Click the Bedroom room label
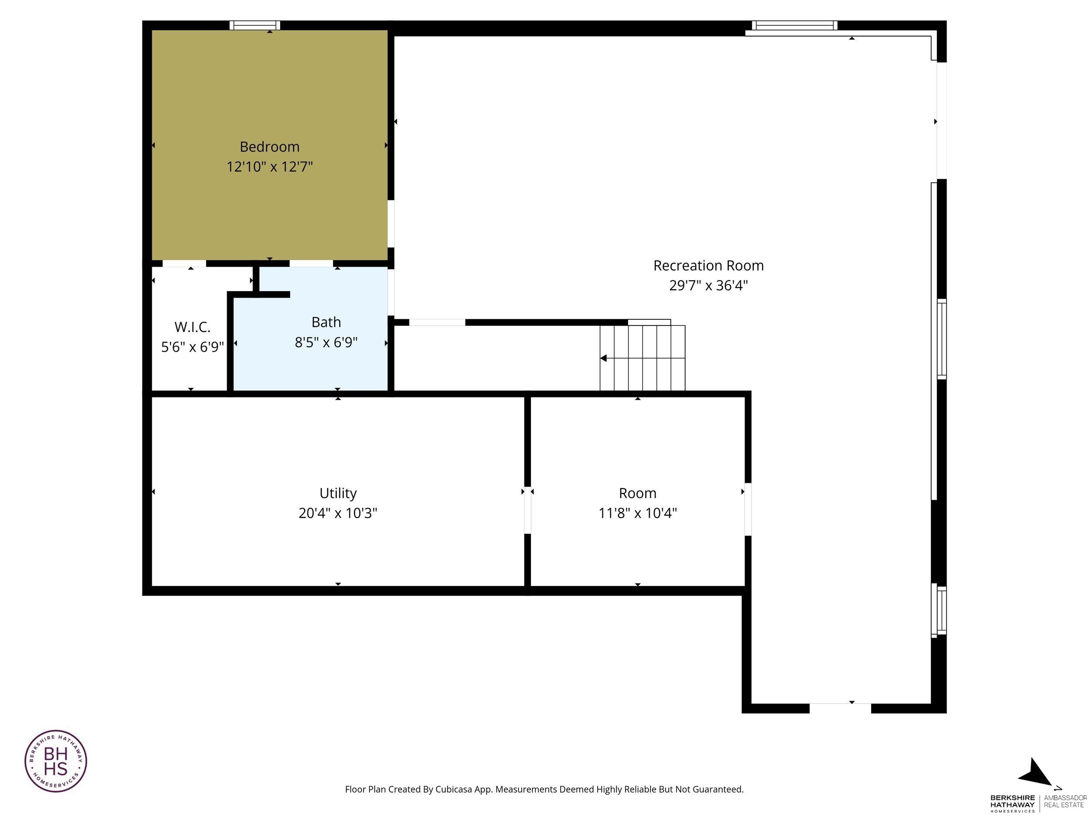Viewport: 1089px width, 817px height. coord(269,147)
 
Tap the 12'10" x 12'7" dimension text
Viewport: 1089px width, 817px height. coord(269,166)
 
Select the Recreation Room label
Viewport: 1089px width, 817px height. coord(708,265)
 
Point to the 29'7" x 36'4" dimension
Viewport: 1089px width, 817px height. coord(708,285)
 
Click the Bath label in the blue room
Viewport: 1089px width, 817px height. coord(326,322)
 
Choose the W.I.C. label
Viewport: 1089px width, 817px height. coord(193,327)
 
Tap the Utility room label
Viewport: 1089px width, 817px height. coord(338,493)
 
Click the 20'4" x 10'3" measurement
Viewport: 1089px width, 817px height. coord(338,513)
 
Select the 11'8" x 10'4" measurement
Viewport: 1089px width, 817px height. coord(638,513)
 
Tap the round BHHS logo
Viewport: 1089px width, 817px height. coord(56,761)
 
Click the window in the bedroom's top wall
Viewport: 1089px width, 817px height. coord(255,25)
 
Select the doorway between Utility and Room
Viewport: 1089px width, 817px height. coord(527,510)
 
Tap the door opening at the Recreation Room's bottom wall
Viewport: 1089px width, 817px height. coord(840,708)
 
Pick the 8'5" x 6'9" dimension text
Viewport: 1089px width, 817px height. coord(326,342)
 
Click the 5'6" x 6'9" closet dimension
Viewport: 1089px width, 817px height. coord(193,347)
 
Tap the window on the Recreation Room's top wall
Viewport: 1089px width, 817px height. coord(795,25)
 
